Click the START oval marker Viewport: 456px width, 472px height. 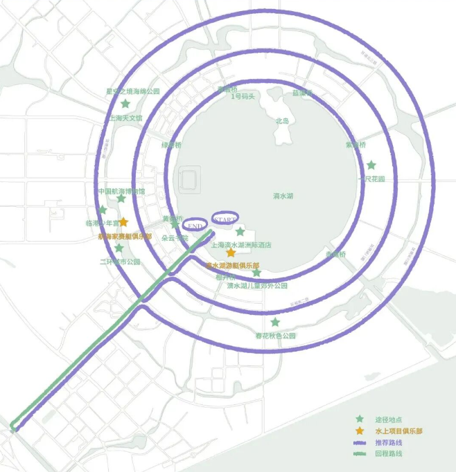225,218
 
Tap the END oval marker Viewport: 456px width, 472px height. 195,226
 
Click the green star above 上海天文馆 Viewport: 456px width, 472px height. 125,104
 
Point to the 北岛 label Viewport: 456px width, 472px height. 282,120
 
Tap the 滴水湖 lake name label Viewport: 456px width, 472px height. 283,196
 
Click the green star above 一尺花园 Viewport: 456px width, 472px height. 371,165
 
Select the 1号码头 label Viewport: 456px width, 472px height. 243,96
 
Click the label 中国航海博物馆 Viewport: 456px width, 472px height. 121,191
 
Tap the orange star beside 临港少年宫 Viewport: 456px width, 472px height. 123,222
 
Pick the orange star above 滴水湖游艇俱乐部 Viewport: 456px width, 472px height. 231,253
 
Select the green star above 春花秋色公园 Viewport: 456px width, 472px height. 275,322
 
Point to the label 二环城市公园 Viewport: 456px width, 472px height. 120,262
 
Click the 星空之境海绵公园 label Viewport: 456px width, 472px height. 132,91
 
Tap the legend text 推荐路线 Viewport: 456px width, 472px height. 389,442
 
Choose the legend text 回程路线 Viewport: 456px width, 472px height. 389,454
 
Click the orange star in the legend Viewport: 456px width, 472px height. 359,430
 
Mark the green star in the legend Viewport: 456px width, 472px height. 359,419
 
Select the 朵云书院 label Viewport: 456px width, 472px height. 175,237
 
